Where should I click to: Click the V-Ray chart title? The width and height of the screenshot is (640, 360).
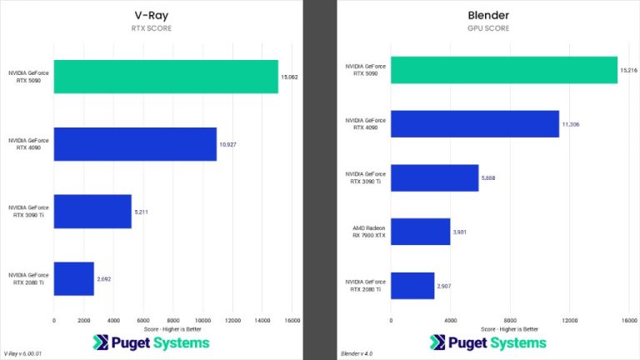pos(158,15)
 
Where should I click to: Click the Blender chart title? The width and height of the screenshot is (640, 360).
pos(488,15)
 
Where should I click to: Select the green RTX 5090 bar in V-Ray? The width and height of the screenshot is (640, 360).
pos(166,77)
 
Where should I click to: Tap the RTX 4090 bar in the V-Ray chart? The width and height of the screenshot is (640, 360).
pos(135,144)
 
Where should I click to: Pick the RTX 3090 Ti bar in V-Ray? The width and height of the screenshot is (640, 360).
pos(92,211)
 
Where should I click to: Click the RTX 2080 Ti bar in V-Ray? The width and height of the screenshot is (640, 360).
pos(73,278)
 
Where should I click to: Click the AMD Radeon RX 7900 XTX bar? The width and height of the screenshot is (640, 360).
pos(420,232)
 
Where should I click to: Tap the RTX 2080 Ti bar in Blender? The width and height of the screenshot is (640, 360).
pos(412,285)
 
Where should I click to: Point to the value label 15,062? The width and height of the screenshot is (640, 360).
pos(290,77)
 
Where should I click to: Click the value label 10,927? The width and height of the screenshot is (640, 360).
pos(228,144)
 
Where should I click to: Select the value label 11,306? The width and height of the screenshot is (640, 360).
pos(572,124)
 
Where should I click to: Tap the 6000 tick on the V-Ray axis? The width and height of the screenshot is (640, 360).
pos(143,320)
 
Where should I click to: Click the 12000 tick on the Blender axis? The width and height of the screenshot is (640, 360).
pos(570,320)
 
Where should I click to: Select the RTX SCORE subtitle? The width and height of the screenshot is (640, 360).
pos(158,27)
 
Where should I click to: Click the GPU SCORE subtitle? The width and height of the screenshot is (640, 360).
pos(488,27)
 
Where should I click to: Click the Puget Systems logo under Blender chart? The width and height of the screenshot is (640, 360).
pos(488,342)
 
